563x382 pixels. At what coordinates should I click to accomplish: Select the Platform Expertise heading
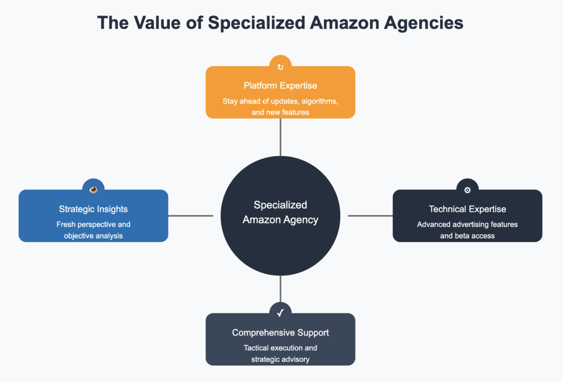(280, 85)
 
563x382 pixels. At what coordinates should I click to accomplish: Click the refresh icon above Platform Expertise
(280, 67)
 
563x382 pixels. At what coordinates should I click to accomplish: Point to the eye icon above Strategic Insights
(93, 190)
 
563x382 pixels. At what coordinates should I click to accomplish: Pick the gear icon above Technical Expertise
(467, 190)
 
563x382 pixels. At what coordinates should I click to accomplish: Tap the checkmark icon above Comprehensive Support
(280, 313)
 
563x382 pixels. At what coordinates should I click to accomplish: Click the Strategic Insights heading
(93, 209)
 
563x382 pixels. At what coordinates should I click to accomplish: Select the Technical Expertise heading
(467, 209)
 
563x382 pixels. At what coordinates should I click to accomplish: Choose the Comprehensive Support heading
(280, 332)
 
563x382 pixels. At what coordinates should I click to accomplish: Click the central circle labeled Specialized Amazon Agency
(280, 235)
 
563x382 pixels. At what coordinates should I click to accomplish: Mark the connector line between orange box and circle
(280, 137)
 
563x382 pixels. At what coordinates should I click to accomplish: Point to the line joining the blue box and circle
(190, 216)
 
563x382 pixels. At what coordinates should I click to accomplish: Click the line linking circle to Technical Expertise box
(370, 216)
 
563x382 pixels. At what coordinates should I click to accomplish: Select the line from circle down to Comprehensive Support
(280, 289)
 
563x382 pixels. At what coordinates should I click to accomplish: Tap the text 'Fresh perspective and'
(93, 224)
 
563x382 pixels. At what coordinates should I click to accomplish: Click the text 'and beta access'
(467, 236)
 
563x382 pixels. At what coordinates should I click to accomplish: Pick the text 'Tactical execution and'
(280, 348)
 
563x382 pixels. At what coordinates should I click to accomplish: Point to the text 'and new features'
(280, 113)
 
